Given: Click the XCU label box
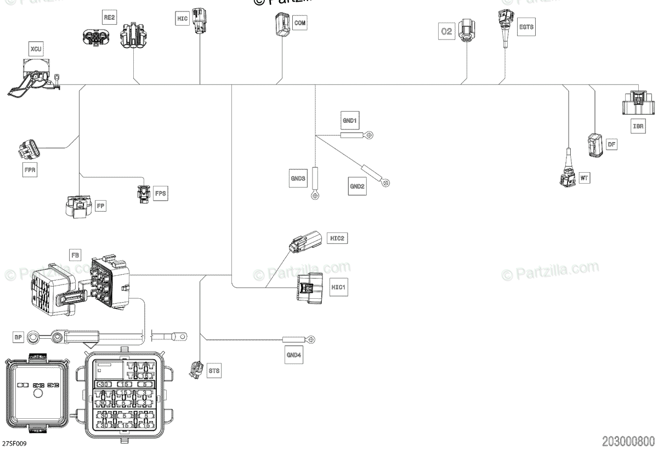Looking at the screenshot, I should coord(36,50).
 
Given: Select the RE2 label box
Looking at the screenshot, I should coord(110,18).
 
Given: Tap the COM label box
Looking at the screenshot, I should coord(300,23).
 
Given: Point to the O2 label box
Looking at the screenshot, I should coord(447,31).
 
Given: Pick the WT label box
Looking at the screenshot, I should coord(584,178).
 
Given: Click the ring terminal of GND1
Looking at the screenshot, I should coord(370,134).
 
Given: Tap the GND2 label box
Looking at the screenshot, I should coord(357,186).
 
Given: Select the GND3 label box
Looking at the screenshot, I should coord(297,178).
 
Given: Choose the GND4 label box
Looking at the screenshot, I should coord(293,354).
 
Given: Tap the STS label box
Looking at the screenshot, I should coord(214,371).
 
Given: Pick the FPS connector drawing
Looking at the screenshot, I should coord(144,194).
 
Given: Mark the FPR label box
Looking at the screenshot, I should coord(30,170).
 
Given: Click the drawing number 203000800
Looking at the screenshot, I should coord(628,441).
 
